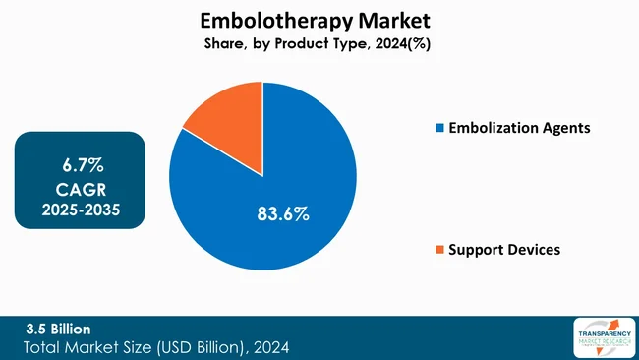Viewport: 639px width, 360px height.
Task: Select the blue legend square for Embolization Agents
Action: pyautogui.click(x=439, y=128)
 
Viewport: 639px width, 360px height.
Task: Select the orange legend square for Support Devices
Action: pyautogui.click(x=439, y=250)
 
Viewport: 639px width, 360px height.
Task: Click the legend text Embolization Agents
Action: pyautogui.click(x=519, y=128)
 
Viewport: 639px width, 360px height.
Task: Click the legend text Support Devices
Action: pyautogui.click(x=504, y=250)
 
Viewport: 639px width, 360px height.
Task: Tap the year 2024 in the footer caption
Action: pyautogui.click(x=269, y=347)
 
